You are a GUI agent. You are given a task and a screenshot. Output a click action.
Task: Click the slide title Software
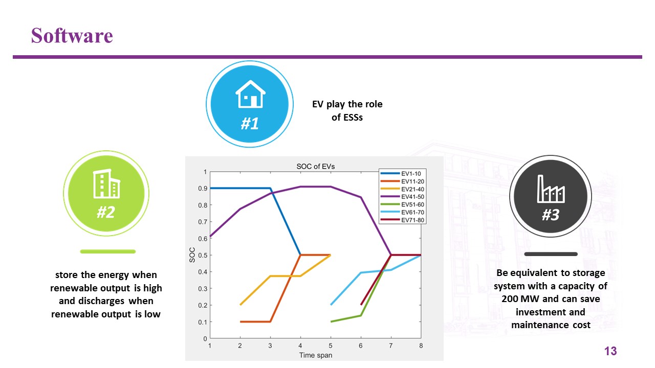72,36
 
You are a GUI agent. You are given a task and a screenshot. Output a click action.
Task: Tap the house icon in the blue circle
250,94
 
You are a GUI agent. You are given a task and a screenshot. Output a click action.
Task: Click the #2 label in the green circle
106,212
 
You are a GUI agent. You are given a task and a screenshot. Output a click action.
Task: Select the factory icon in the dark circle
551,189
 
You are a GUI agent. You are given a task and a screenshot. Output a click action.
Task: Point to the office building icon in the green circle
106,183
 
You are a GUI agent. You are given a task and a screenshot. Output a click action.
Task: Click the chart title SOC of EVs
316,167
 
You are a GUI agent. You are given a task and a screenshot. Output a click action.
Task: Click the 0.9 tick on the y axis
203,189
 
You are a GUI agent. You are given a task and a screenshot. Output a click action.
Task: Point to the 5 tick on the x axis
331,346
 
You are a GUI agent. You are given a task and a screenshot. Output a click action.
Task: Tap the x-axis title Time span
316,355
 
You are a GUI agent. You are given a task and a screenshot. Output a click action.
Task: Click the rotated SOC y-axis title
192,255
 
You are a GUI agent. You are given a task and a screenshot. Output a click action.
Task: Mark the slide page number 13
610,351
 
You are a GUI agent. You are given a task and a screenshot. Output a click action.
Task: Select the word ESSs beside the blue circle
354,118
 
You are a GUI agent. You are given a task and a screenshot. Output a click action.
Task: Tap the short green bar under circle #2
108,251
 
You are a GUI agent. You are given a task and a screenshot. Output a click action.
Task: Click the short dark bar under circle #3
551,254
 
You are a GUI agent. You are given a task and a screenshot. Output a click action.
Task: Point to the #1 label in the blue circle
250,123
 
